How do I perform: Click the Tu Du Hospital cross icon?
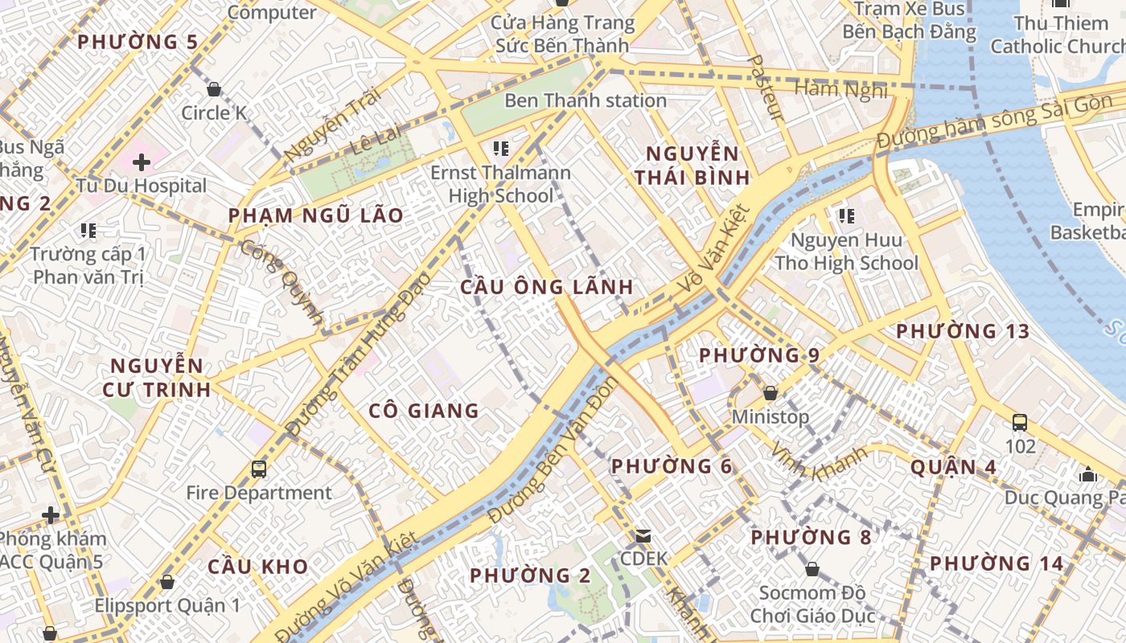coord(142,162)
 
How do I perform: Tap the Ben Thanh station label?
coord(585,100)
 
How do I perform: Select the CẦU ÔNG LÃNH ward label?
coord(547,287)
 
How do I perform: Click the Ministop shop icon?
coord(770,393)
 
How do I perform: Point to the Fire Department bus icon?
coord(258,469)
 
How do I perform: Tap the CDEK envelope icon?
coord(643,535)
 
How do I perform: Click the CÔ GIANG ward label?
coord(424,411)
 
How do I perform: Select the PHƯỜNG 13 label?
coord(963,331)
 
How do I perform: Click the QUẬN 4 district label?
coord(953,467)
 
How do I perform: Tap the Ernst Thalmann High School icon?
coord(500,149)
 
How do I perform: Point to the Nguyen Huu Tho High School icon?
coord(845,215)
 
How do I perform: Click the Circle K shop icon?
coord(214,89)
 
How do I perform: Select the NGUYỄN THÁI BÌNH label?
coord(692,166)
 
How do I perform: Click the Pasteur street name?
coord(765,88)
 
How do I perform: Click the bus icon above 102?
coord(1020,422)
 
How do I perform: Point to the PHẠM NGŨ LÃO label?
coord(315,215)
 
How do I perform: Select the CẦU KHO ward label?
coord(258,566)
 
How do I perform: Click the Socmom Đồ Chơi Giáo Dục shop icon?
coord(812,569)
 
